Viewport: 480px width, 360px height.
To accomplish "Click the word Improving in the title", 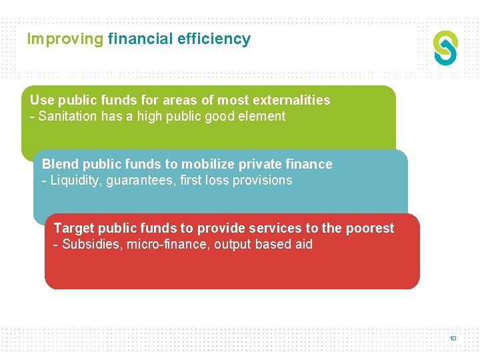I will click(65, 39).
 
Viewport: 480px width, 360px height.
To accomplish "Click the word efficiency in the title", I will click(214, 39).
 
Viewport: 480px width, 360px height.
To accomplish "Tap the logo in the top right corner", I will click(445, 48).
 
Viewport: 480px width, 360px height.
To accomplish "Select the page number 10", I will click(453, 339).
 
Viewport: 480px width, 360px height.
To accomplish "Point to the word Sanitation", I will click(69, 117).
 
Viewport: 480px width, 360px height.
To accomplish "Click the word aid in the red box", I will click(303, 245).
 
